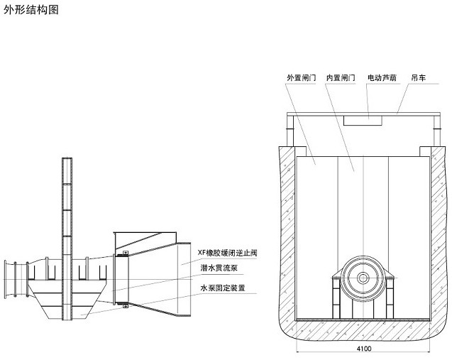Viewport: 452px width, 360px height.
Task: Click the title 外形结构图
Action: click(31, 9)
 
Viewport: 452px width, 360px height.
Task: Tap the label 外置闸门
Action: click(302, 77)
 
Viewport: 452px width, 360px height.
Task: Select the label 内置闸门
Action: click(341, 77)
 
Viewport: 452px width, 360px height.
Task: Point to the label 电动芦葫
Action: click(382, 77)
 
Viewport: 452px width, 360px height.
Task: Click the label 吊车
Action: click(419, 77)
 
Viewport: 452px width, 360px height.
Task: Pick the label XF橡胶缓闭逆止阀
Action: click(227, 253)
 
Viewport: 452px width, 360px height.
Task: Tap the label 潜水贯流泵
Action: click(219, 268)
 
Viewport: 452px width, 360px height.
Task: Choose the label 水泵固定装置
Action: click(223, 288)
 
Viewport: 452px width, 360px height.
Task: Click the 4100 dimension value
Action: click(364, 349)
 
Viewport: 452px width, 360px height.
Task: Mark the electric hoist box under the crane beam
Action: click(363, 121)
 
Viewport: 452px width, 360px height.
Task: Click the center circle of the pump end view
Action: click(363, 278)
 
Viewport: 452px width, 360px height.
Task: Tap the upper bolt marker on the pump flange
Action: click(126, 253)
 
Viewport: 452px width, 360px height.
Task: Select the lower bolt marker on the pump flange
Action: click(126, 306)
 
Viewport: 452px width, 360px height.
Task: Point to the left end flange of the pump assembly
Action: click(5, 279)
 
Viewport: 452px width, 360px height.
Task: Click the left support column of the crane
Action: click(290, 131)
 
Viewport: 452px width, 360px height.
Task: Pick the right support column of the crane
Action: click(437, 131)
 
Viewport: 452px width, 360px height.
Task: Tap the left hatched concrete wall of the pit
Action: click(287, 231)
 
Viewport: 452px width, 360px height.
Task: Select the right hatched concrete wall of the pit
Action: click(439, 231)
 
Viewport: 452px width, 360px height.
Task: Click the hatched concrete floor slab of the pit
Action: click(363, 330)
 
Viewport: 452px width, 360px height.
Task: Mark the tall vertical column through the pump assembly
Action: click(67, 239)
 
